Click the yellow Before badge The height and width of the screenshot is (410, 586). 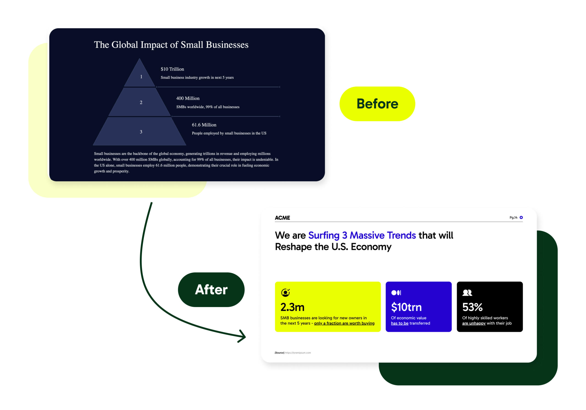pos(377,104)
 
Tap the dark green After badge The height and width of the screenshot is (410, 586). pos(211,290)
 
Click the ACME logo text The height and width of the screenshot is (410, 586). pos(282,218)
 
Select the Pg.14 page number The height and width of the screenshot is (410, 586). pos(513,217)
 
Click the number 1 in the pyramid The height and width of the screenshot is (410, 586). pos(141,77)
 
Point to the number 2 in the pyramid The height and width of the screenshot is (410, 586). pos(141,102)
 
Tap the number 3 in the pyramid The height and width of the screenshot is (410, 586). pos(141,132)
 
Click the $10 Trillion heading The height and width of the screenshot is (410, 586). pos(172,69)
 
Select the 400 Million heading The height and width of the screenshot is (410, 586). pos(188,98)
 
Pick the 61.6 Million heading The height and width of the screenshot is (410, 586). pos(204,125)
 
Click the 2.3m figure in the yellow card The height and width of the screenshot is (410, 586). pos(292,307)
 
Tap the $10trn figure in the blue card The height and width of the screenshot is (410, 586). pos(406,307)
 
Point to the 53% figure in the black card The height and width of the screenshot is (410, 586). pos(472,307)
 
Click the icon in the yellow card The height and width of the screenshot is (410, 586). pos(285,293)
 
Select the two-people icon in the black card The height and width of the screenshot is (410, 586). pos(467,293)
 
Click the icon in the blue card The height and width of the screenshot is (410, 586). pos(396,293)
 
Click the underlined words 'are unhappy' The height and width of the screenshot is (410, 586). pos(474,323)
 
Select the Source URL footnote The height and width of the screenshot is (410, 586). pos(293,353)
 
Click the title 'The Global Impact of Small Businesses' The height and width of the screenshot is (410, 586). pos(171,45)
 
